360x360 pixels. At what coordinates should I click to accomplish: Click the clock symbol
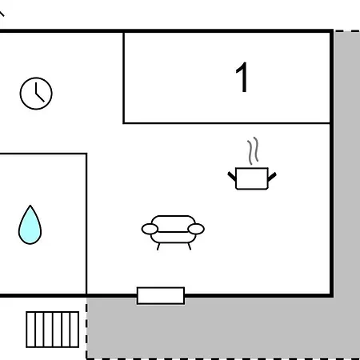coord(36,94)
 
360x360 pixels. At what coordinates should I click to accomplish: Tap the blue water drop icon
coord(30,226)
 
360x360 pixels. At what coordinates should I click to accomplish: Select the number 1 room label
coord(242,77)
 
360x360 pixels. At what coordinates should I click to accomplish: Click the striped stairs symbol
coord(53,330)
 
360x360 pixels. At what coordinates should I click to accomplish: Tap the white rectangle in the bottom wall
coord(161,295)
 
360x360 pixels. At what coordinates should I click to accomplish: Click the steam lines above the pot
coord(253,150)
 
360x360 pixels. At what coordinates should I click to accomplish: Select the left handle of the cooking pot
coord(232,177)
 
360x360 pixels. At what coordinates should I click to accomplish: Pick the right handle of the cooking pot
coord(272,177)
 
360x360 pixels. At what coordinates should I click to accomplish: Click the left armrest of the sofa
coord(150,229)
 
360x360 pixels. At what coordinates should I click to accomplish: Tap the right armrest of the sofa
coord(196,229)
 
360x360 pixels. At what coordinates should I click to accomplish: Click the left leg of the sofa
coord(158,246)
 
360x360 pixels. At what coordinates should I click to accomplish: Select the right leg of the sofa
coord(190,246)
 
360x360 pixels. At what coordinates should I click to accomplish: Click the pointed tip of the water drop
coord(30,206)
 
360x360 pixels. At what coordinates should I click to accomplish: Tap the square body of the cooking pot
coord(252,178)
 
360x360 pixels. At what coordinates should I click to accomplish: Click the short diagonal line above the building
coord(2,13)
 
